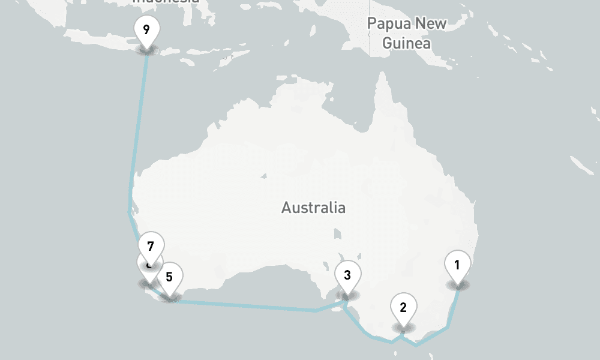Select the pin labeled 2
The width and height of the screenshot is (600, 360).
pos(403,308)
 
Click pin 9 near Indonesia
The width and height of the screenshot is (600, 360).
pos(146,30)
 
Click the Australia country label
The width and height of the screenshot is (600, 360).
pos(313,208)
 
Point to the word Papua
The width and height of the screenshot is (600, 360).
pos(385,24)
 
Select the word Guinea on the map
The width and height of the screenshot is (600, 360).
pos(406,43)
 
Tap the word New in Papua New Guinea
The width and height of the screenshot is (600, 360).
pos(433,24)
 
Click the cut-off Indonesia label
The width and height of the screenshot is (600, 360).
pos(165,2)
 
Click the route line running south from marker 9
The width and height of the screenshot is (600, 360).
pos(138,120)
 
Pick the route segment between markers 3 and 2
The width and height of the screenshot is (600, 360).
pos(366,330)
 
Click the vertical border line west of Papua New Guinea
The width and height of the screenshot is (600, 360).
pos(370,36)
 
